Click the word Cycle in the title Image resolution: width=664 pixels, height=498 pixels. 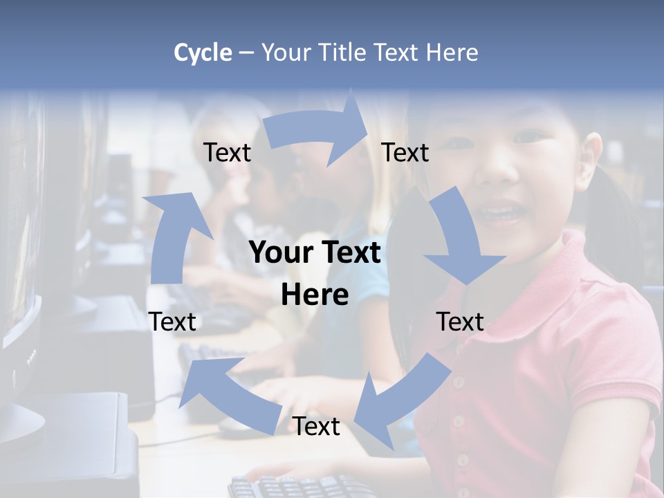point(203,53)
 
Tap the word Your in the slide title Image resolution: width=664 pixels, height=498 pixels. point(286,53)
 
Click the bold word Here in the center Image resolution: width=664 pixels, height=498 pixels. point(315,295)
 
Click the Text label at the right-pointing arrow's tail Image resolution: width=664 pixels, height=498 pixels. point(227,153)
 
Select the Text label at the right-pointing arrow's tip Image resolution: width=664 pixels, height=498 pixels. point(405,153)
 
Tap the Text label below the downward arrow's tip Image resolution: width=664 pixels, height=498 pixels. point(460,322)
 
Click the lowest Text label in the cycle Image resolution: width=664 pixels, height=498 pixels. point(316,427)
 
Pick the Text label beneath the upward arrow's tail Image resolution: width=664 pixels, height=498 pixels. point(172,322)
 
